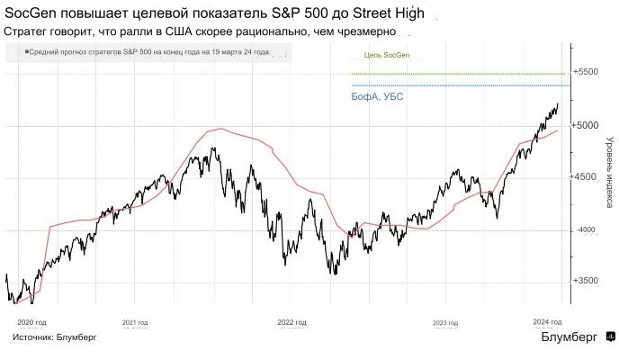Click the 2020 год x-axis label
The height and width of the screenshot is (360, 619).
tap(32, 321)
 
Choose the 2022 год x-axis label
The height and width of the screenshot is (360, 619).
tap(292, 321)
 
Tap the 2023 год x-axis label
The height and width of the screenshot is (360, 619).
tap(447, 321)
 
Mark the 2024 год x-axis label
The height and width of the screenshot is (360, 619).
tap(548, 321)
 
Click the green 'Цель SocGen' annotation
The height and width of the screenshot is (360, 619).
tap(386, 55)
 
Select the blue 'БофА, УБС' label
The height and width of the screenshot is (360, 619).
tap(377, 96)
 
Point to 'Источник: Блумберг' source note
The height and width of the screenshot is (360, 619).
tap(55, 337)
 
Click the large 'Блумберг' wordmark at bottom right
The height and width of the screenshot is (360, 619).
tap(569, 337)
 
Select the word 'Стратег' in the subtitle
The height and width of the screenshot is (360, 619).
tap(27, 31)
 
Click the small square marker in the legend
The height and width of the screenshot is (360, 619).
tap(26, 52)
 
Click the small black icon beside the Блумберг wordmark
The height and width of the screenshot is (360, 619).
tap(609, 337)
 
